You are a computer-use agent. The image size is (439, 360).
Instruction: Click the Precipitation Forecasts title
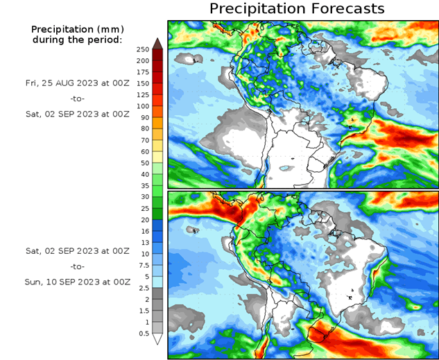[x=297, y=9]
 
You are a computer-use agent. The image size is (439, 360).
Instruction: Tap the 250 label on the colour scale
[x=142, y=49]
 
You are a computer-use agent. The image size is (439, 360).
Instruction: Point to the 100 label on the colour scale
[x=142, y=106]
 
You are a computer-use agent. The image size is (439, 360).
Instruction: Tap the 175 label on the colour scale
[x=142, y=72]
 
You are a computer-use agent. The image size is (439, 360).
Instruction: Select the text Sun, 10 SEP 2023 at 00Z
[x=77, y=282]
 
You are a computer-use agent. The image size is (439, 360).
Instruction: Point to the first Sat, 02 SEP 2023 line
[x=77, y=114]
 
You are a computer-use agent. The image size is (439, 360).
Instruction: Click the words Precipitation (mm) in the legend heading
[x=76, y=30]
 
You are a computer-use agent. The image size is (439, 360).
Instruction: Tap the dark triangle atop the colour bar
[x=157, y=44]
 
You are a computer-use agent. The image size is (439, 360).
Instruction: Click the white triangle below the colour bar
[x=157, y=339]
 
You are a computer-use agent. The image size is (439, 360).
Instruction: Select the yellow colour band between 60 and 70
[x=157, y=146]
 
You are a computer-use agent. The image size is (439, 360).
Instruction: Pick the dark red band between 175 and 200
[x=157, y=67]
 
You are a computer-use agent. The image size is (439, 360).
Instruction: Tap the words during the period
[x=76, y=40]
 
